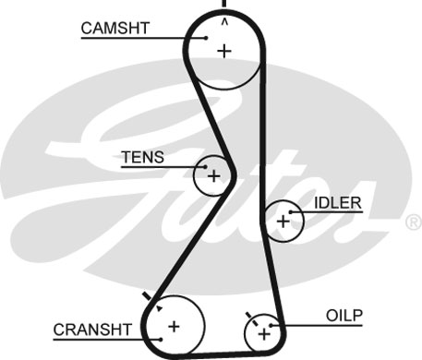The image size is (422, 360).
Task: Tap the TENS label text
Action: (x=142, y=157)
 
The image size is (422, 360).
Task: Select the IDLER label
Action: (x=338, y=202)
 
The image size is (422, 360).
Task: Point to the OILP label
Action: (x=344, y=315)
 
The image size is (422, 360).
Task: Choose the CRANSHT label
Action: (x=91, y=329)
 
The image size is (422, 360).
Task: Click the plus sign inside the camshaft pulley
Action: (x=223, y=51)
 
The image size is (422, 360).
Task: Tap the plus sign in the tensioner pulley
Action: (x=214, y=175)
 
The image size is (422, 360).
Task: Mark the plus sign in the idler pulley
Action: (x=283, y=220)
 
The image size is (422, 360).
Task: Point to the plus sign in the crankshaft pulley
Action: (x=173, y=326)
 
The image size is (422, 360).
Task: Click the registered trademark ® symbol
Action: (x=413, y=222)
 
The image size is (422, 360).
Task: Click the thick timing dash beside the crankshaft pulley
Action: (x=148, y=295)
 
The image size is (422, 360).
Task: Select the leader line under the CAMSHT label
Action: (x=139, y=38)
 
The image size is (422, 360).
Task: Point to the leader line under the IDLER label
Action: (x=328, y=212)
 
